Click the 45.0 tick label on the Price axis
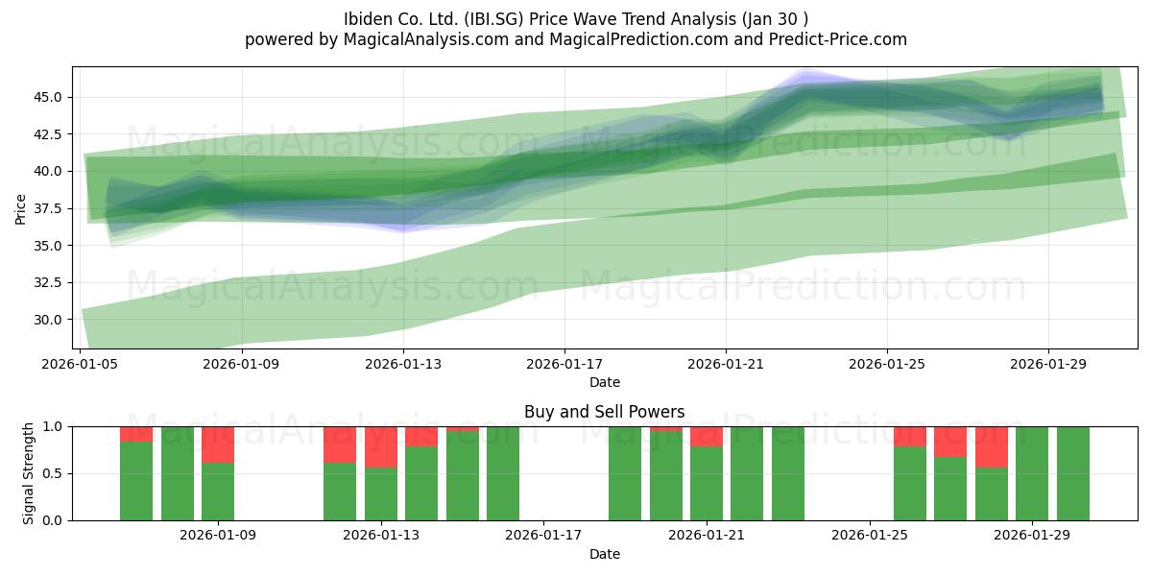click(x=47, y=97)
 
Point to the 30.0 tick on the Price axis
click(x=47, y=320)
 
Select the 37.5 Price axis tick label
click(x=47, y=209)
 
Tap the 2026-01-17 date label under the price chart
click(x=564, y=364)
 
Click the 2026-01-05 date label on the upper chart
click(x=80, y=364)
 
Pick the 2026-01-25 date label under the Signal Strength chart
click(x=870, y=536)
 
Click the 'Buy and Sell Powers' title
click(x=604, y=412)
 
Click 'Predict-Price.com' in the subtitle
click(x=838, y=39)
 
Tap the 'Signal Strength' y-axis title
click(x=28, y=473)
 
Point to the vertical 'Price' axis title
click(x=20, y=209)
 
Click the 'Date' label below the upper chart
click(x=604, y=382)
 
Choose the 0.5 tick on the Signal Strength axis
click(x=52, y=473)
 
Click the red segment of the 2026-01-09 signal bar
click(x=218, y=444)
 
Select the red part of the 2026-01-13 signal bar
click(x=381, y=447)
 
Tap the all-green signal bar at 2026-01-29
click(x=1032, y=473)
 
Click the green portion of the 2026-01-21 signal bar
click(x=707, y=484)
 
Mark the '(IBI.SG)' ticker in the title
click(x=493, y=19)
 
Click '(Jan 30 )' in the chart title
click(x=775, y=19)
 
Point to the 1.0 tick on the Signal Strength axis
click(x=52, y=426)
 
